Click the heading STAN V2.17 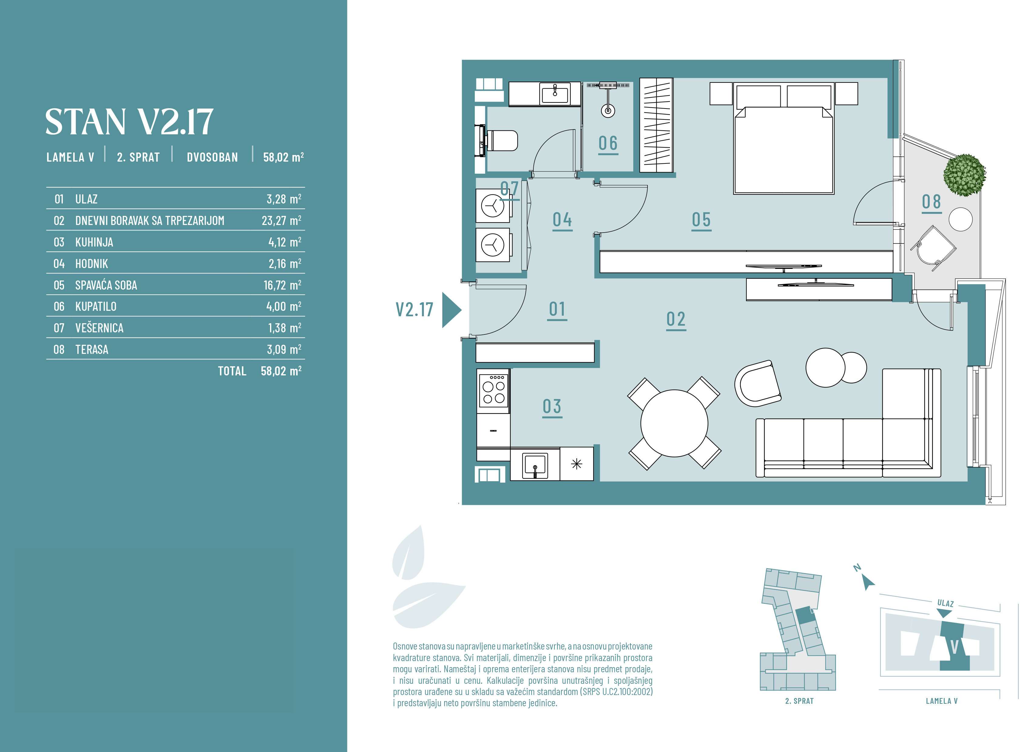pyautogui.click(x=129, y=122)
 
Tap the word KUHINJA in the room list pyautogui.click(x=94, y=242)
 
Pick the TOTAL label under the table pyautogui.click(x=232, y=371)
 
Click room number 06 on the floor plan pyautogui.click(x=608, y=143)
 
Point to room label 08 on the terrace pyautogui.click(x=931, y=202)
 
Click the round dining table pyautogui.click(x=674, y=423)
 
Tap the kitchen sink pyautogui.click(x=535, y=465)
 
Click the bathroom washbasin pyautogui.click(x=555, y=94)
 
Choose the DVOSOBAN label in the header pyautogui.click(x=212, y=157)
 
